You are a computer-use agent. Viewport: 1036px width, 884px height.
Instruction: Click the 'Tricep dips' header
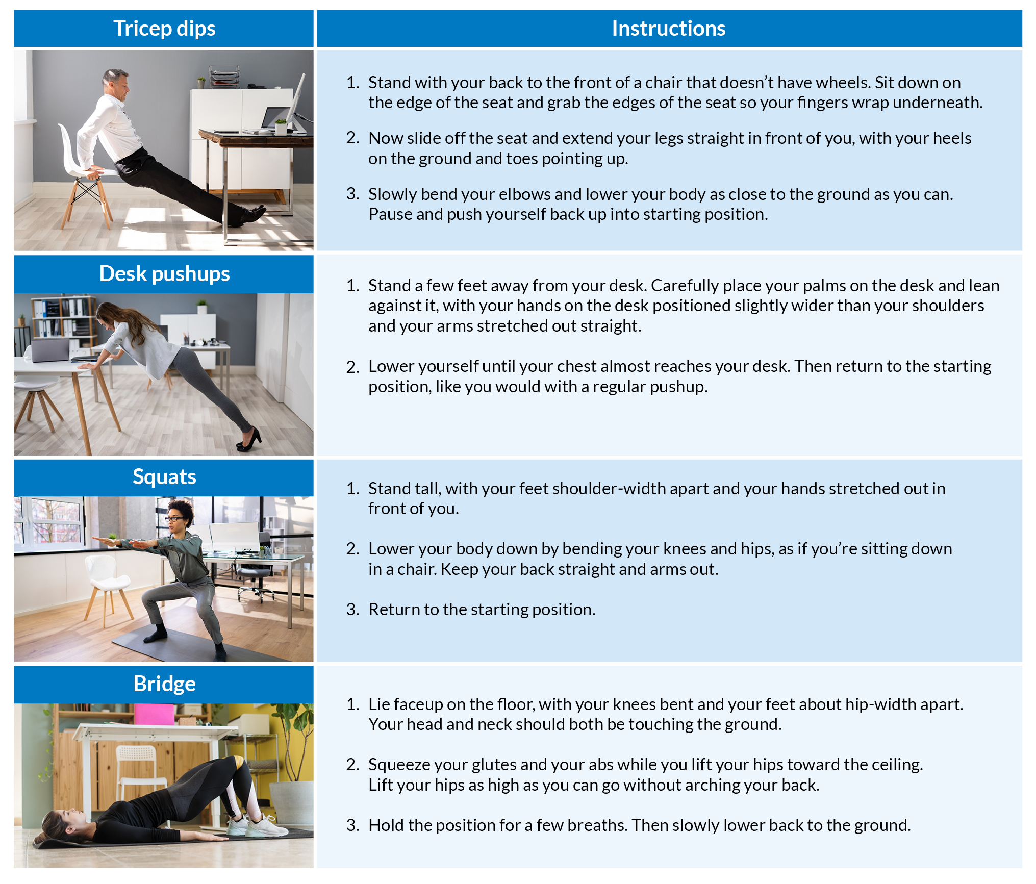click(164, 29)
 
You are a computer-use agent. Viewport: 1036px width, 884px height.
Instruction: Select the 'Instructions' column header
click(668, 29)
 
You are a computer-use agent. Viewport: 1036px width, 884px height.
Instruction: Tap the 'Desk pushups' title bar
click(164, 274)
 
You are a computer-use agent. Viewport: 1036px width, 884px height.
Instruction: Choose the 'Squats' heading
click(164, 477)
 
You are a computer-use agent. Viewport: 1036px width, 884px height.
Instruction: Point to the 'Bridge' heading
click(164, 684)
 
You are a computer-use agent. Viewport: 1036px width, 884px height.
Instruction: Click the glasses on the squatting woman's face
click(175, 519)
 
